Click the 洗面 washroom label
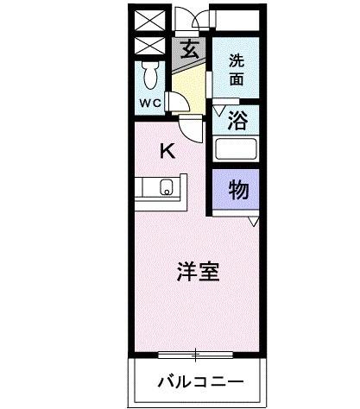pyautogui.click(x=236, y=69)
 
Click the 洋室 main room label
pyautogui.click(x=197, y=273)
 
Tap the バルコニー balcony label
pyautogui.click(x=199, y=381)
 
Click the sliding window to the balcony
pyautogui.click(x=197, y=353)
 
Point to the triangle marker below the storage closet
pyautogui.click(x=253, y=222)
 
